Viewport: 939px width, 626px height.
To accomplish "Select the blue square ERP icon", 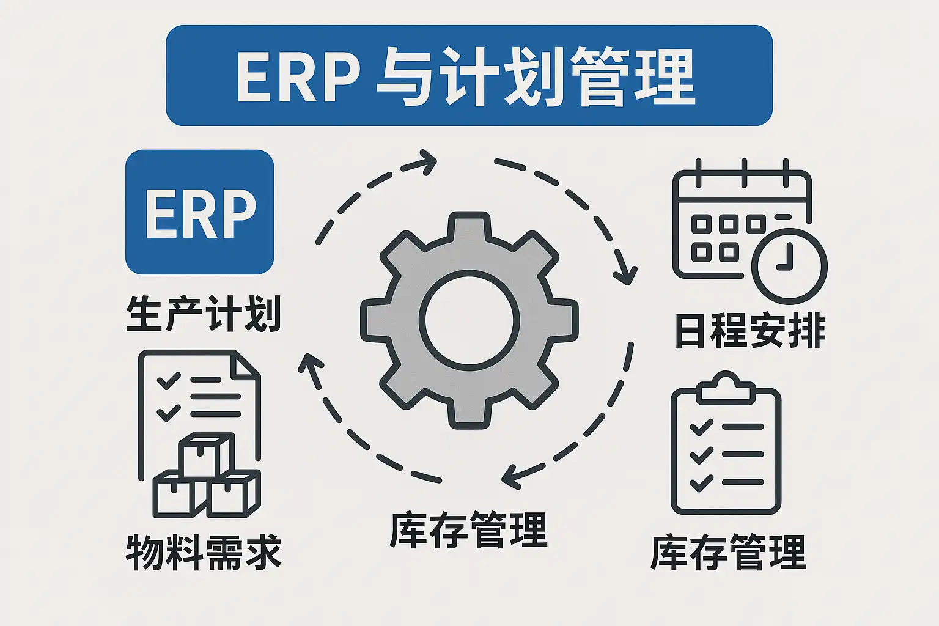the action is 199,212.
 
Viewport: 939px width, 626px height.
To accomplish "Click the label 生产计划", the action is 204,314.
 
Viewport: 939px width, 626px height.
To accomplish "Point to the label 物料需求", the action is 204,552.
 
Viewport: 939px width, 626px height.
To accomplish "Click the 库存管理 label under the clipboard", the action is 729,552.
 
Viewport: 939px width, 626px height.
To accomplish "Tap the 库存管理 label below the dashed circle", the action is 469,529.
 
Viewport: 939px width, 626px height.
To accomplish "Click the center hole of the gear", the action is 469,320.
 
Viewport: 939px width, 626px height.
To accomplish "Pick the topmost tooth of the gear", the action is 469,229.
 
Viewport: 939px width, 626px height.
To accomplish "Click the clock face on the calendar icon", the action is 789,267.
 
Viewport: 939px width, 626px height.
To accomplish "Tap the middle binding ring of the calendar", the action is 744,173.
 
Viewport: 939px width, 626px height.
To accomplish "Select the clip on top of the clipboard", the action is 726,388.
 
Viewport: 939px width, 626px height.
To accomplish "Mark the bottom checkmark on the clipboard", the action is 701,482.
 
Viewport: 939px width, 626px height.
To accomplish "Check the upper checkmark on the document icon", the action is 169,380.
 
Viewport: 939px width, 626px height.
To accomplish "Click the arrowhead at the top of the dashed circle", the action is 424,162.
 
